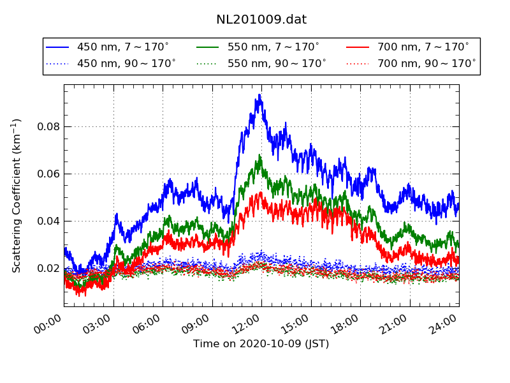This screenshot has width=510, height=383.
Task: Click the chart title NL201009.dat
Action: [x=261, y=20]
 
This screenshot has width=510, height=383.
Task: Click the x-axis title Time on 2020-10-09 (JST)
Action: [x=261, y=344]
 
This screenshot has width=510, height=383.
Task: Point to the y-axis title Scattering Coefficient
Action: [x=17, y=195]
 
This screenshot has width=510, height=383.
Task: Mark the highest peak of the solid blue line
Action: [x=259, y=94]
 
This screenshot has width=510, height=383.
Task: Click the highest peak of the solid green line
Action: [x=259, y=154]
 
